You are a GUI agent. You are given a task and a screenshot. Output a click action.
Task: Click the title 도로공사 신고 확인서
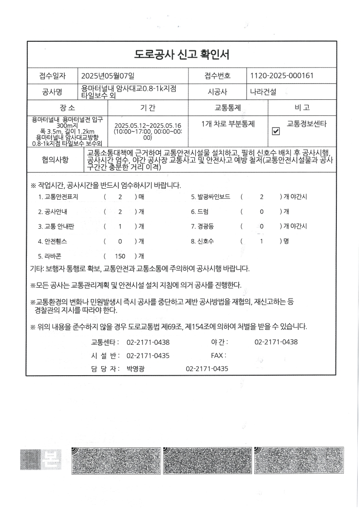[x=182, y=55]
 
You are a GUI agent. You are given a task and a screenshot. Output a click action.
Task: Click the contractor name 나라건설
[x=263, y=92]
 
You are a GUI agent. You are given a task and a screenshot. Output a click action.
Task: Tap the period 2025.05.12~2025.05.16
[x=148, y=126]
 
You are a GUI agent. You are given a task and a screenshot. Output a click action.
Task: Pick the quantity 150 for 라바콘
[x=120, y=256]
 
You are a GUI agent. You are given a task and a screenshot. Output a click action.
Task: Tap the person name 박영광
[x=136, y=369]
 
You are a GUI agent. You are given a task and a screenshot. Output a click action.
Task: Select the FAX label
[x=218, y=356]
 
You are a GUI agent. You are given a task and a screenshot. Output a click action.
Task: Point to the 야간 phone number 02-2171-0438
[x=276, y=342]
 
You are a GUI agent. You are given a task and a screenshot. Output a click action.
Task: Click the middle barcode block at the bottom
[x=207, y=459]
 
